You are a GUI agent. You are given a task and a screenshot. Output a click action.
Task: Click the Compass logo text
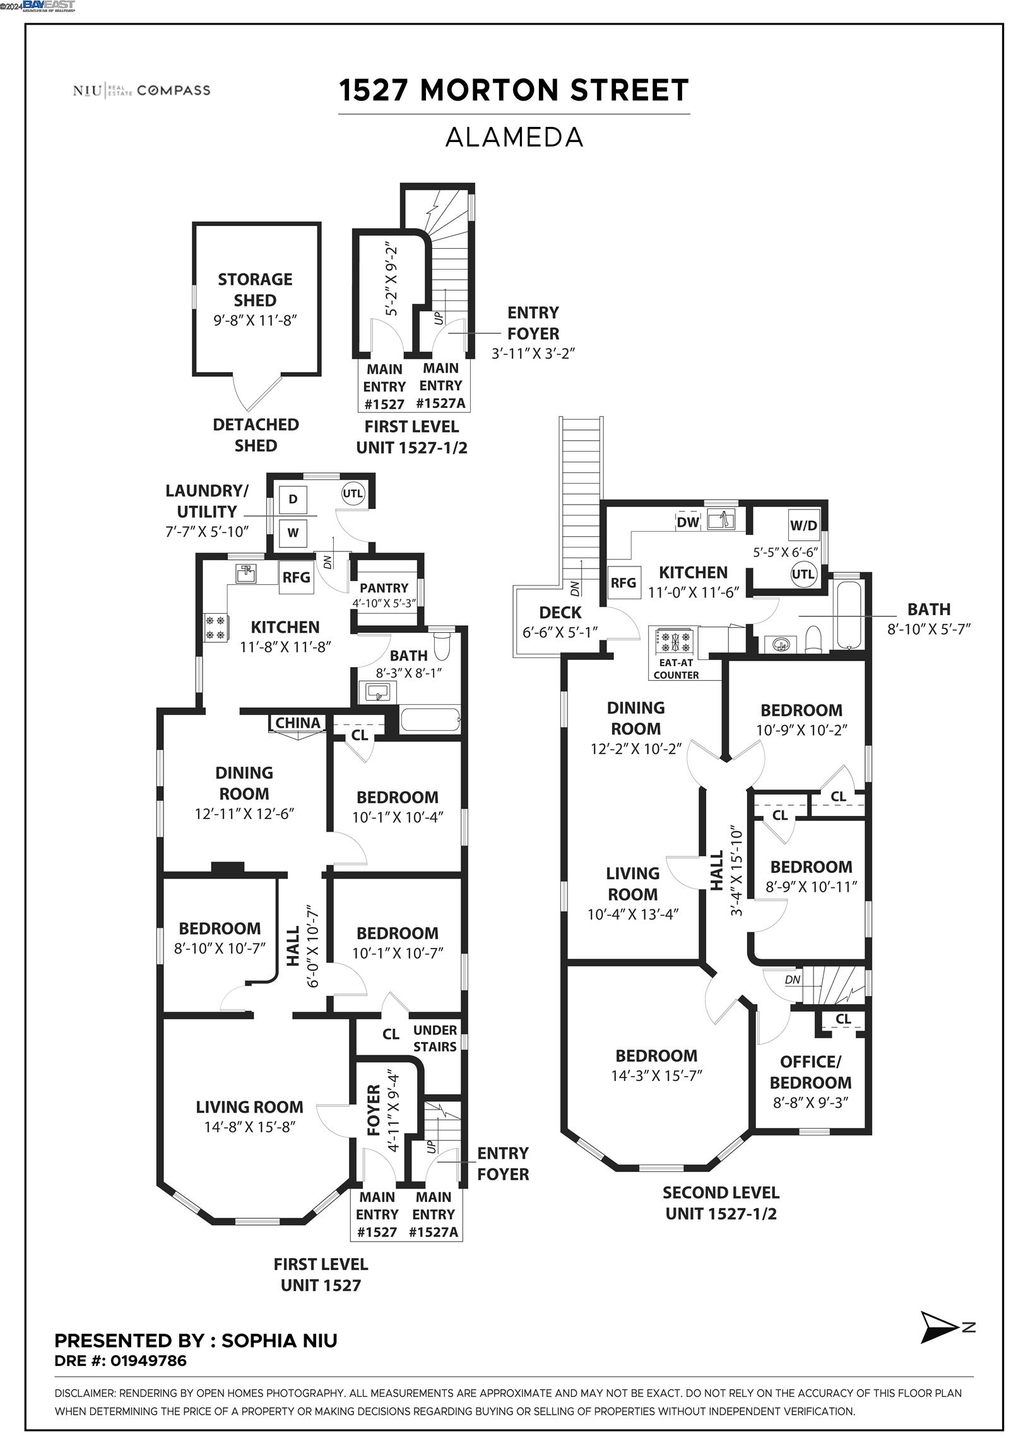[174, 90]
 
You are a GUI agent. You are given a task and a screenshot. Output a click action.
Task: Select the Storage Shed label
[255, 290]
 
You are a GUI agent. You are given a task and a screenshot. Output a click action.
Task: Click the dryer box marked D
[293, 500]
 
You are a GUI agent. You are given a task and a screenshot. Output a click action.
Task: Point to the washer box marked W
[293, 532]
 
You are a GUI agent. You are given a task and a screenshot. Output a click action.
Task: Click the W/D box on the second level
[804, 525]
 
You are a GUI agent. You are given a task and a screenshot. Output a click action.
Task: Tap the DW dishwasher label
[688, 522]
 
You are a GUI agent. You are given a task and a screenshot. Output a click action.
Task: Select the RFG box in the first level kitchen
[297, 577]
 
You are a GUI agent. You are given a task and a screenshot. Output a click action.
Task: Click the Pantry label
[384, 587]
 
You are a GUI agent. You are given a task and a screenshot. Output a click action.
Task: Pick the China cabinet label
[298, 722]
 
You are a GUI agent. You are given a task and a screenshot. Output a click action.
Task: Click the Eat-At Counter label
[676, 669]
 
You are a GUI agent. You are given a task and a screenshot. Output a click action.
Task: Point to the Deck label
[560, 613]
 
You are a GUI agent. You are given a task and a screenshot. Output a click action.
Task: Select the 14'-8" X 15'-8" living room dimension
[249, 1127]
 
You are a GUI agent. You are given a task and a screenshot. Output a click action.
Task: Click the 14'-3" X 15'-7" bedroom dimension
[656, 1075]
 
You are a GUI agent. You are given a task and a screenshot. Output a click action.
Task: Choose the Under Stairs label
[435, 1038]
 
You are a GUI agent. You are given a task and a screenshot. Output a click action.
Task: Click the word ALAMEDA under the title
[514, 137]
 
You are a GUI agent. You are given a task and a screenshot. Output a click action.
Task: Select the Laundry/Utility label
[207, 501]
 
